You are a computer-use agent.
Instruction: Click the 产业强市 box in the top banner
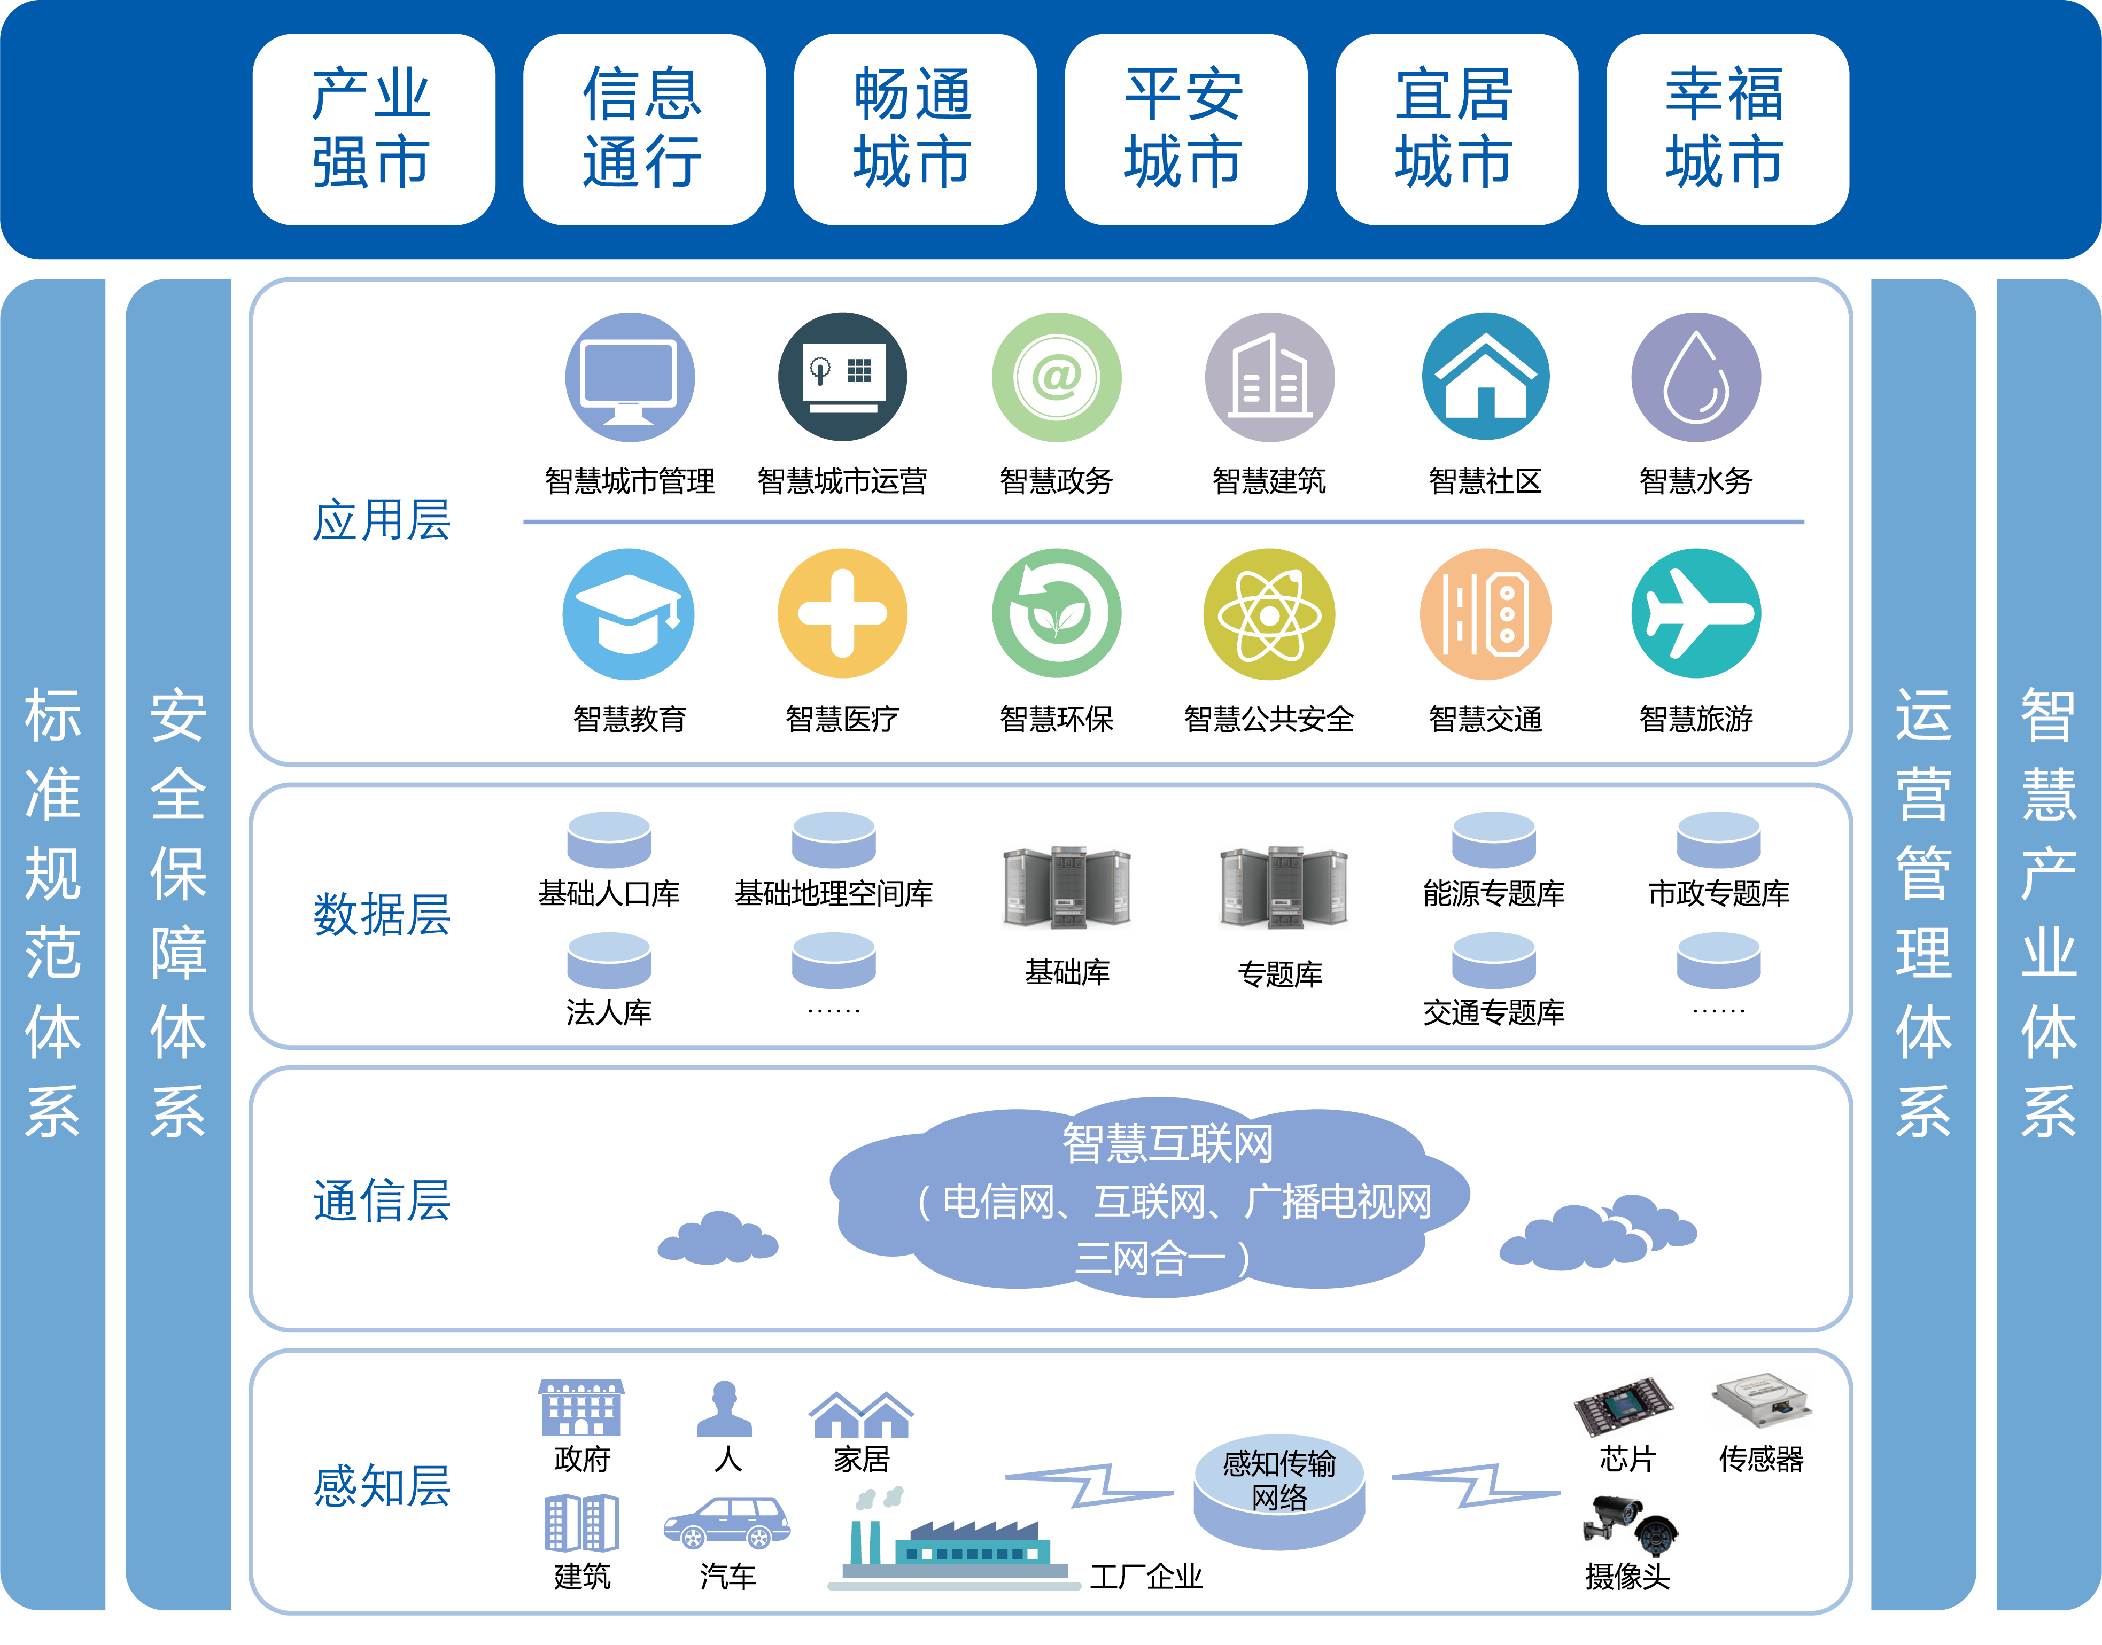pos(373,129)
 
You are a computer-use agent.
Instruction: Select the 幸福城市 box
pos(1726,129)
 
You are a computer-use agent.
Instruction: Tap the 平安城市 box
pos(1185,129)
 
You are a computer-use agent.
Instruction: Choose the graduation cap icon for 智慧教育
pos(628,613)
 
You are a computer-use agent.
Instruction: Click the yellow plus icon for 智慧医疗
pos(842,613)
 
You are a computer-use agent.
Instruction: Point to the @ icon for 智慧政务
pos(1056,378)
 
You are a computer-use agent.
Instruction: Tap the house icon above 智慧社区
pos(1485,378)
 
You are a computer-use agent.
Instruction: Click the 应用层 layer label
pos(382,520)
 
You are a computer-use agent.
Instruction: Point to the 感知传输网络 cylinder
pos(1279,1493)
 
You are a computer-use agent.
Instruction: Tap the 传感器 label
pos(1761,1459)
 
